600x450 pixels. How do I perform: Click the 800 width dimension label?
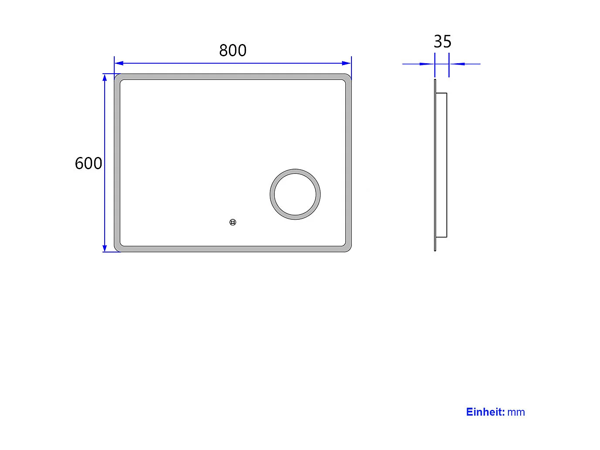(232, 51)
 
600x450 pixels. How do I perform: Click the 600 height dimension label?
(89, 164)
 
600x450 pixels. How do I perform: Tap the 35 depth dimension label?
(442, 42)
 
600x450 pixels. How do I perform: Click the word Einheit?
(485, 412)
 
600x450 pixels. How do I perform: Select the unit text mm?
(516, 412)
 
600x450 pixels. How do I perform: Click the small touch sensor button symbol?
(233, 222)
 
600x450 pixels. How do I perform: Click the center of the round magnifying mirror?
(295, 194)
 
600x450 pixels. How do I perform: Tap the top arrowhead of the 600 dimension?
(105, 78)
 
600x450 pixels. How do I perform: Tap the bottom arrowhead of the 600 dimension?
(105, 248)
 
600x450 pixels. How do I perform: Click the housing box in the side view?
(441, 165)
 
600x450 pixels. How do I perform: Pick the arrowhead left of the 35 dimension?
(430, 64)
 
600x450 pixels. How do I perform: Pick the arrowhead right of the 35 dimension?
(454, 64)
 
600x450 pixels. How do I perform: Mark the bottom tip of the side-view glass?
(435, 250)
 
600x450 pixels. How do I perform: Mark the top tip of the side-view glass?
(435, 80)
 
